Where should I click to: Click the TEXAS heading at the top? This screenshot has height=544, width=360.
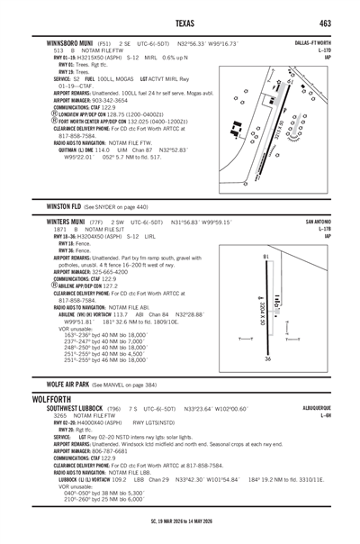[180, 22]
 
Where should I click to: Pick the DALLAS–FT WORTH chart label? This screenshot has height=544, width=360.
[311, 42]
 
